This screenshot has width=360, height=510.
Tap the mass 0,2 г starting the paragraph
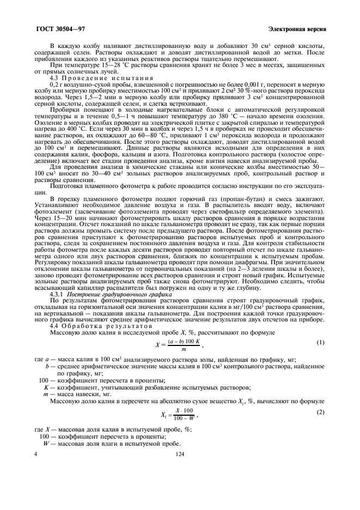point(57,85)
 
